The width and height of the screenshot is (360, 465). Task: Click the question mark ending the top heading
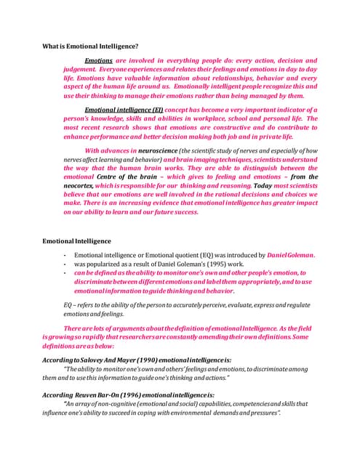pyautogui.click(x=137, y=46)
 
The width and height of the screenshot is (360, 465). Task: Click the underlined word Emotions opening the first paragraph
pyautogui.click(x=99, y=60)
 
